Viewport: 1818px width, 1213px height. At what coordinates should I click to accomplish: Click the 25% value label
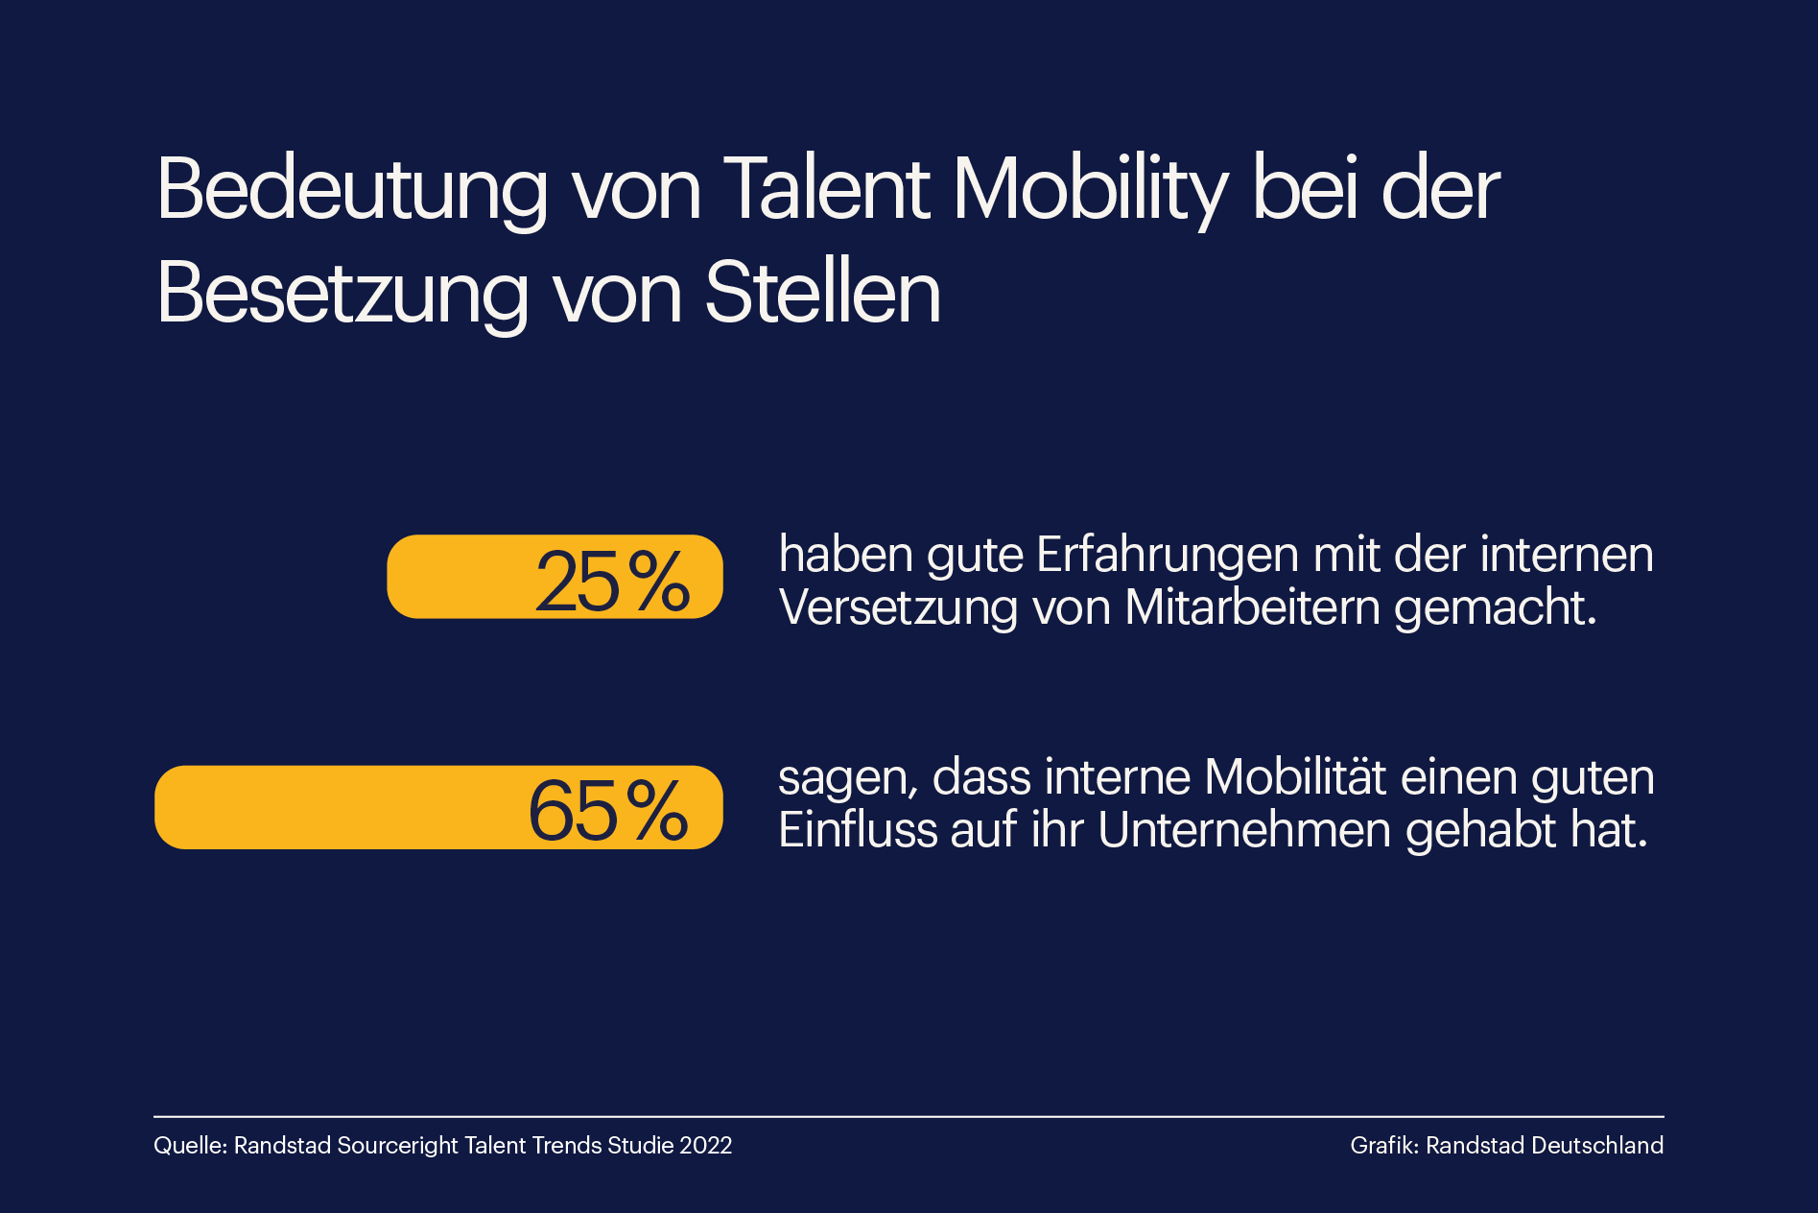click(611, 582)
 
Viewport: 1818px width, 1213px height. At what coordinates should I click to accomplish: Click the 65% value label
click(607, 811)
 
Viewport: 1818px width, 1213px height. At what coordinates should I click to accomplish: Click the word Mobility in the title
click(1090, 191)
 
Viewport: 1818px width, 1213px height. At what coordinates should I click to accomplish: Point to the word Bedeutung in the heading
click(352, 191)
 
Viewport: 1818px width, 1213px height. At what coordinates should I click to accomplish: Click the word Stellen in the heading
click(823, 293)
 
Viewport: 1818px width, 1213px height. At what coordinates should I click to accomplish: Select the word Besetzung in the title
click(342, 295)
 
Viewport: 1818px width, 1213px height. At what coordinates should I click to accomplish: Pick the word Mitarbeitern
click(1253, 608)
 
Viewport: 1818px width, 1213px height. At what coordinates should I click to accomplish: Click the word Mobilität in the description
click(1294, 777)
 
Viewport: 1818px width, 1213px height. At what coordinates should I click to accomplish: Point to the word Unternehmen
click(1243, 830)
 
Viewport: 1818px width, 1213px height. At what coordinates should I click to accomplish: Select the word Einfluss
click(858, 830)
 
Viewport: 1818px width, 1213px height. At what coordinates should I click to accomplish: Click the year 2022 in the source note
click(705, 1146)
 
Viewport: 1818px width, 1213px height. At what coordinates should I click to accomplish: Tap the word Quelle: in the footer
click(190, 1146)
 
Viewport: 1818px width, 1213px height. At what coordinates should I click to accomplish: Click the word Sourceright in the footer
click(397, 1146)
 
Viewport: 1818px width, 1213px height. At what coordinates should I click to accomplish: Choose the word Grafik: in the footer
click(1383, 1146)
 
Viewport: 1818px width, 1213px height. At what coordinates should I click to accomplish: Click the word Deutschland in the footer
click(1597, 1146)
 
